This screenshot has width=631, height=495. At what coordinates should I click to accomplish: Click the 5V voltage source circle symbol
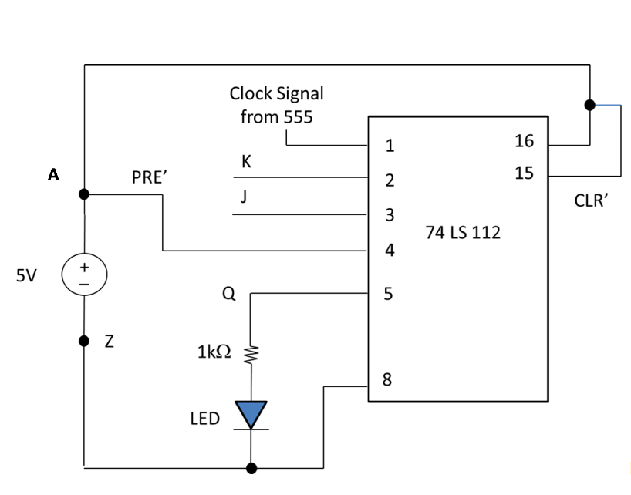[x=84, y=275]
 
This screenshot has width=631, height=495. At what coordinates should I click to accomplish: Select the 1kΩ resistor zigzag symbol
[x=250, y=355]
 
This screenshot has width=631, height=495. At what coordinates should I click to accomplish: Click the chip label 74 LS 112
[x=463, y=232]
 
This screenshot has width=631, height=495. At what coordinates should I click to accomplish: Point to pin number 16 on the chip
[x=524, y=141]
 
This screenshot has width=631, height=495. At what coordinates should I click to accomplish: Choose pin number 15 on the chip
[x=524, y=173]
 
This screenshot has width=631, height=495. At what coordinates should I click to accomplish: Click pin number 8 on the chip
[x=387, y=379]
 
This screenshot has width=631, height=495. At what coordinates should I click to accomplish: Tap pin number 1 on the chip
[x=390, y=145]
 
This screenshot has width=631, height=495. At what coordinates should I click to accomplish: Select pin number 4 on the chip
[x=390, y=250]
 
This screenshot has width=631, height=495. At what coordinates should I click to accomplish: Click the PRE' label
[x=150, y=177]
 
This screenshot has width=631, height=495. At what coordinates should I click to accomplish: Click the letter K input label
[x=246, y=162]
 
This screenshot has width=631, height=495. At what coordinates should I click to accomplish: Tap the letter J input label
[x=245, y=197]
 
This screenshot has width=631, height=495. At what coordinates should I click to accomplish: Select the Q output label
[x=228, y=294]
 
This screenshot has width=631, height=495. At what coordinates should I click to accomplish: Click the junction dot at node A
[x=84, y=194]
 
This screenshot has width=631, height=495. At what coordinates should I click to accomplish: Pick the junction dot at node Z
[x=84, y=341]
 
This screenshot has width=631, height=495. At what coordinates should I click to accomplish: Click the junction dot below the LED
[x=251, y=467]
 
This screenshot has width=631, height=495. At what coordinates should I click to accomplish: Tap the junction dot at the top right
[x=590, y=105]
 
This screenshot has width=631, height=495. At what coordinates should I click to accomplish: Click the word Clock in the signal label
[x=251, y=93]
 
